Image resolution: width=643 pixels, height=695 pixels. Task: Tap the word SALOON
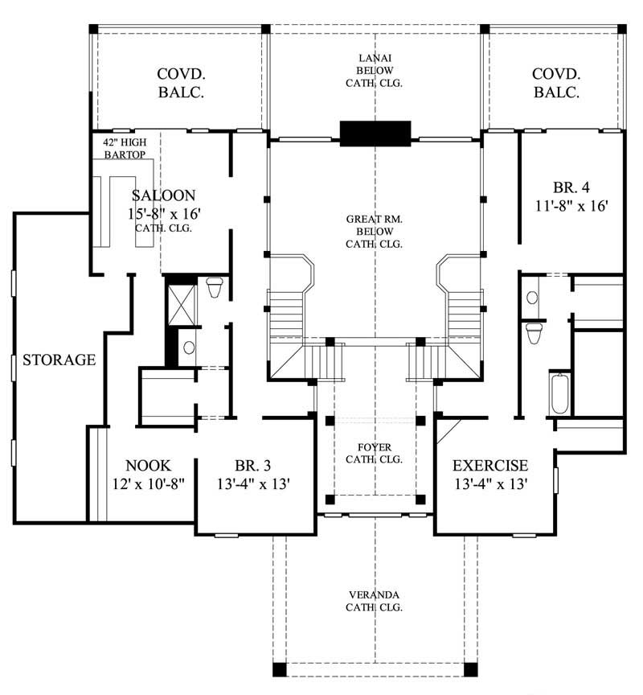(162, 195)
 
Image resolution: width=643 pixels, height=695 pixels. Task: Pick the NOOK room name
(148, 465)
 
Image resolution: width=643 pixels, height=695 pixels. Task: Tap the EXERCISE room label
(490, 465)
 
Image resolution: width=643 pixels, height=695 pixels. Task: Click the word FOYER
(374, 447)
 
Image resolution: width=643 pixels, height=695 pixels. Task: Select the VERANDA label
(375, 595)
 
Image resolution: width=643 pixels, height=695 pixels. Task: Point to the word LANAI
(375, 58)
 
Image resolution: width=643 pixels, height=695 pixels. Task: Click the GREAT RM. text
(375, 219)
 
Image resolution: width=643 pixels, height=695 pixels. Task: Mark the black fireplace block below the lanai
(375, 133)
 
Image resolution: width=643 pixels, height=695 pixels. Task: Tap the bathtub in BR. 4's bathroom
(559, 393)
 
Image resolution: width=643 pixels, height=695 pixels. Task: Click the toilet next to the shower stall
(214, 287)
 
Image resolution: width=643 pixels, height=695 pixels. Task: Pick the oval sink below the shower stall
(188, 347)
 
